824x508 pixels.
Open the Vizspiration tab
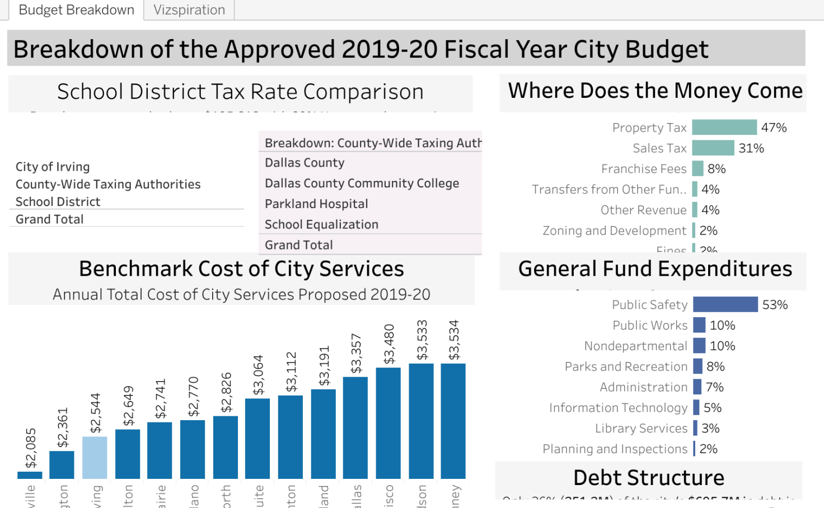(x=189, y=10)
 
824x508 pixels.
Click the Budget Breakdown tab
(x=77, y=10)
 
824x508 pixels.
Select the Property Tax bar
(x=724, y=128)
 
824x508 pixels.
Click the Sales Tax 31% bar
(x=713, y=148)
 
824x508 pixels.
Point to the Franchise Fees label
(x=644, y=169)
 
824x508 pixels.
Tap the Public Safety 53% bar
(x=725, y=305)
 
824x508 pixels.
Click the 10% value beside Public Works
(x=722, y=326)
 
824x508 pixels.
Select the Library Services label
(x=641, y=429)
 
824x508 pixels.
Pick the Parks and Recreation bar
(x=698, y=366)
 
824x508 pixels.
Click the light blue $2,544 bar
(x=95, y=458)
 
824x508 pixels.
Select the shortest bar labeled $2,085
(x=30, y=475)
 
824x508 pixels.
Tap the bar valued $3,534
(x=453, y=421)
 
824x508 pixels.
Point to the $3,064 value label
(x=258, y=375)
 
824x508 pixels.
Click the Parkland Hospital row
(x=316, y=204)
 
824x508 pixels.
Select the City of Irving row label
(x=53, y=167)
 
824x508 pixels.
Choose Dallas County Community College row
(x=362, y=184)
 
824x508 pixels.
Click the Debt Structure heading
(x=649, y=478)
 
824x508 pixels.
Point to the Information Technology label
(x=618, y=408)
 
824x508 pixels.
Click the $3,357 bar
(x=355, y=427)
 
